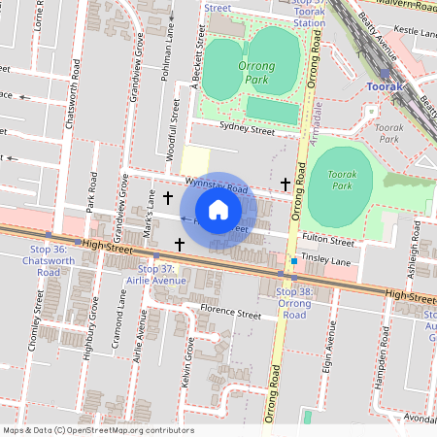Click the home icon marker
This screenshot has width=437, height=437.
tap(218, 209)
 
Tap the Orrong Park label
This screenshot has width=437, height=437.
tap(256, 71)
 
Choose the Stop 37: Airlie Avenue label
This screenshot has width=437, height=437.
tap(155, 274)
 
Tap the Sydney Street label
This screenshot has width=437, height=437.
tap(247, 127)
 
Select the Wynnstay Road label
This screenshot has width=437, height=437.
tap(218, 185)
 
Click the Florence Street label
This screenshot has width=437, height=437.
tap(230, 313)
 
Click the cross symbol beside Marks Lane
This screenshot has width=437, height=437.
tap(168, 197)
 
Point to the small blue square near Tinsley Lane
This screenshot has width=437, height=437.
tap(293, 261)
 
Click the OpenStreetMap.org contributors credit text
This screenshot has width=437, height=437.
tap(132, 429)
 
